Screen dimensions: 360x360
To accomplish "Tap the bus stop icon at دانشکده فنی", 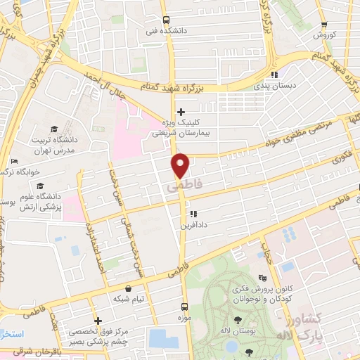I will click(166, 20).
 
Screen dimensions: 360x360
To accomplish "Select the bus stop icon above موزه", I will click(185, 307).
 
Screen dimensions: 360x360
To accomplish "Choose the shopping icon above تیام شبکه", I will click(127, 288).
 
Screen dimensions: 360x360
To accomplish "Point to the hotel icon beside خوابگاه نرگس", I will click(13, 161).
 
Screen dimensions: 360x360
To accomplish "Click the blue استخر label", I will click(12, 333).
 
